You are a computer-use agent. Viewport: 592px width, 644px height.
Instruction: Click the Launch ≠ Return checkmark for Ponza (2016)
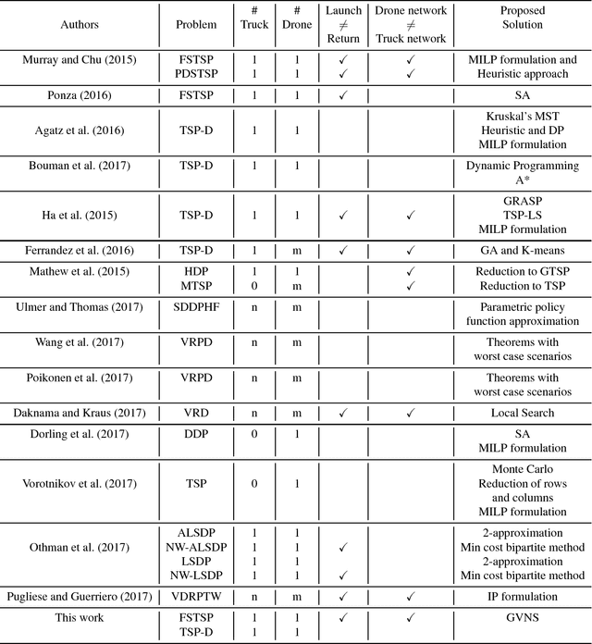[343, 93]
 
